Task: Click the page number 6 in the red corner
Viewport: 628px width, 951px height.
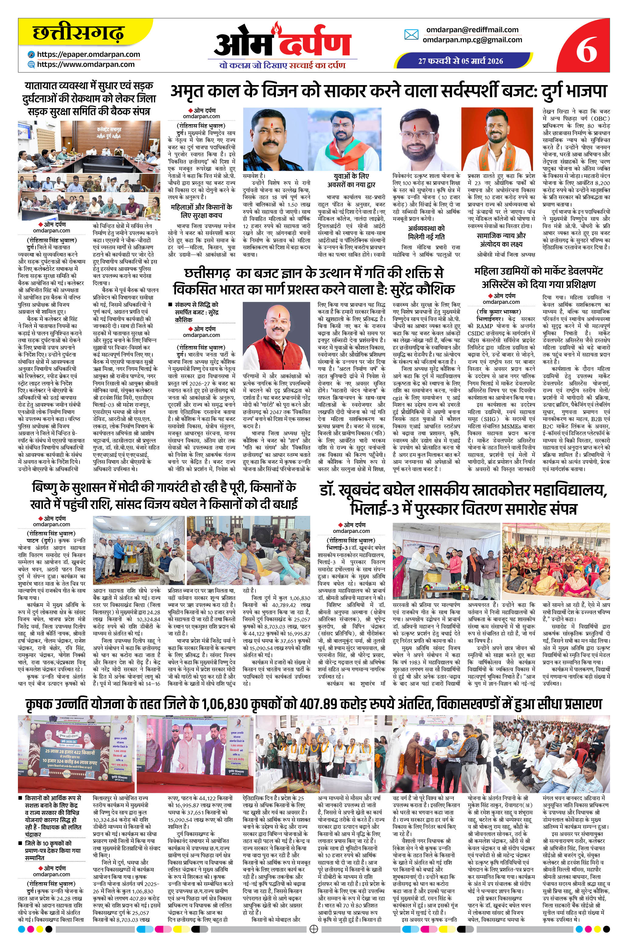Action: (587, 50)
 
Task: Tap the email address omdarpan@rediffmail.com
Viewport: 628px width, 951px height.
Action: (472, 30)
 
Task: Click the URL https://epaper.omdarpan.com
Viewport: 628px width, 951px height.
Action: (88, 54)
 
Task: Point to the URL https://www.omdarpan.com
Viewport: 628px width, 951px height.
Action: (86, 64)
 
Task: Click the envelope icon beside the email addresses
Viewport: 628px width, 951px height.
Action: (411, 35)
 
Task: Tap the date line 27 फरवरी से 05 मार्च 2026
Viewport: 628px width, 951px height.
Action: (461, 61)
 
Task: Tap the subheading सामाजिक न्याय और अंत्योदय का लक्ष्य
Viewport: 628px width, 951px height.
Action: (501, 239)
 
